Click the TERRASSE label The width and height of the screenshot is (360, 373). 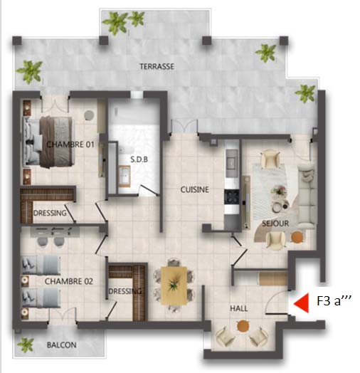coord(157,66)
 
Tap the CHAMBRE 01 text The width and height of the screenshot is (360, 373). coord(70,145)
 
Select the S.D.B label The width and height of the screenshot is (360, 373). coord(139,159)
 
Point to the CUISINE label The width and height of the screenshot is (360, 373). coord(194,189)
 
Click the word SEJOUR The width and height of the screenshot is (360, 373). coord(275,224)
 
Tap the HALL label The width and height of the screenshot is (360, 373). coord(239,308)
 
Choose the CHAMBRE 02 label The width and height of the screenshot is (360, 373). coord(69,281)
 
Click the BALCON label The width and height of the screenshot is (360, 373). coord(62,345)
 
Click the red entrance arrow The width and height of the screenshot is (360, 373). coord(301,303)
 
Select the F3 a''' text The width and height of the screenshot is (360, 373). coord(334,300)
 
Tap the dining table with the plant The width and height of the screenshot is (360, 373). coord(174,285)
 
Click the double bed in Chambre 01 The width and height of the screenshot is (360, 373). coord(48,142)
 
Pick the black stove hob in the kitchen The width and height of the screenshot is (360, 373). coord(232,197)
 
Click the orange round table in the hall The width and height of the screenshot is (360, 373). coord(243,326)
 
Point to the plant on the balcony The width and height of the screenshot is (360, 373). coord(26,345)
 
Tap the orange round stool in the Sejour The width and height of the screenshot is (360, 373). coord(297,237)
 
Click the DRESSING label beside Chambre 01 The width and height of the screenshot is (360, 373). coord(50,213)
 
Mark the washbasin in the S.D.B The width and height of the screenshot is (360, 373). coord(125,177)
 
